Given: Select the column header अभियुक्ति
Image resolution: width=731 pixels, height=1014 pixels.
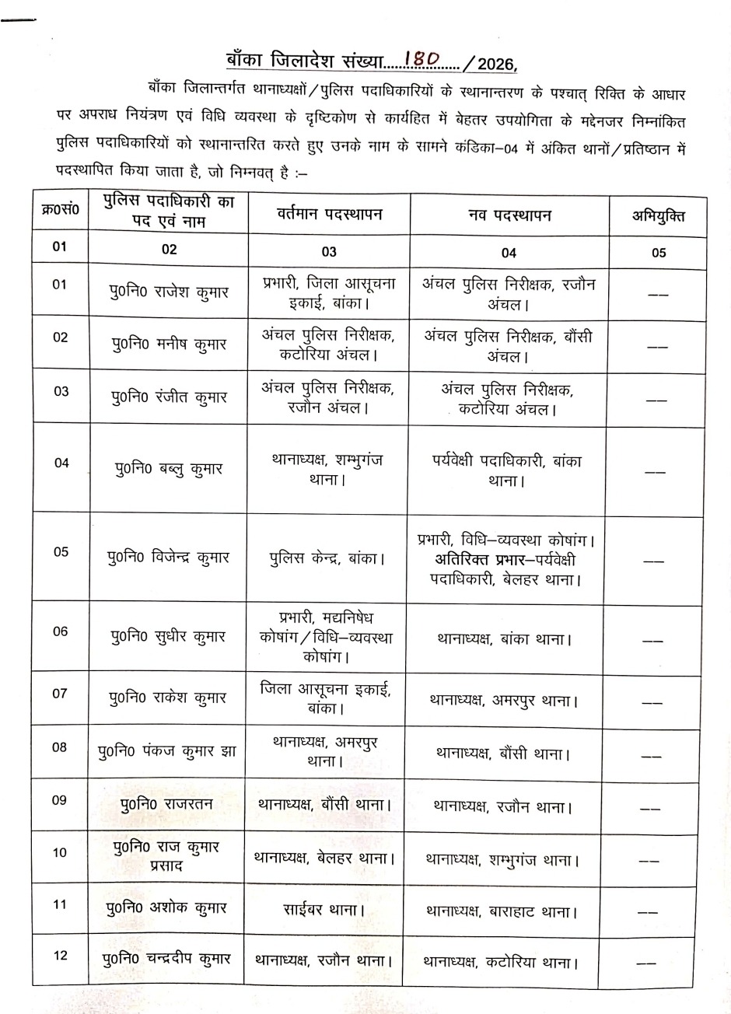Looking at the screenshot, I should click(658, 215).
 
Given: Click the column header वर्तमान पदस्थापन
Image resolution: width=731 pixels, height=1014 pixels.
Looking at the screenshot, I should click(329, 215).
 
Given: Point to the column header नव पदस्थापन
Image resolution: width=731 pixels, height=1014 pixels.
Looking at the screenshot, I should click(509, 215).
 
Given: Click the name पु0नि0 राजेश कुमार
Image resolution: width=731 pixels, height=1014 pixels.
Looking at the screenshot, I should click(169, 293).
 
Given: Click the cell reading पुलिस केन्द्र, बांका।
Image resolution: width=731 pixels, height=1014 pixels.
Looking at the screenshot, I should click(329, 558).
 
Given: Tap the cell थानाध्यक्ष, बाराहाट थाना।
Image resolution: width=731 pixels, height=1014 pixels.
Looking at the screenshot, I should click(502, 911).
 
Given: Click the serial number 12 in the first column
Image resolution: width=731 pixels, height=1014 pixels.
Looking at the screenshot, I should click(60, 956).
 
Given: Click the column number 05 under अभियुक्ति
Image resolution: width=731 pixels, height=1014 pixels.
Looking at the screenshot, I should click(659, 252).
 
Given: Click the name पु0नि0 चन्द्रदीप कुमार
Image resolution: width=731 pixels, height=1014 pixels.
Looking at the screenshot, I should click(166, 959).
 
